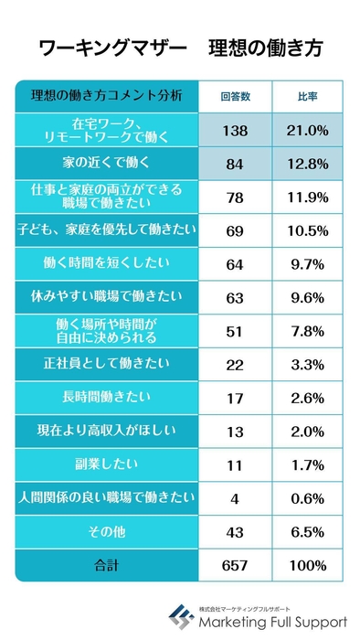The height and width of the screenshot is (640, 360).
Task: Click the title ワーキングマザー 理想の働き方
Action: pos(180,47)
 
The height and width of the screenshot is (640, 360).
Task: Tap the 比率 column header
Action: pos(307,96)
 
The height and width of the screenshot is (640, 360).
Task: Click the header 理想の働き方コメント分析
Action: pos(106,96)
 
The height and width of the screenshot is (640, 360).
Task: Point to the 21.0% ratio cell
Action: pos(307,131)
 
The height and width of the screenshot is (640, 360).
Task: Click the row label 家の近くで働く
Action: pos(106,165)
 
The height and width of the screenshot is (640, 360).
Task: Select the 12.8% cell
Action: pos(307,165)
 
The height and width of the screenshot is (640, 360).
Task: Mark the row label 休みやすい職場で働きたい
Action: pos(106,296)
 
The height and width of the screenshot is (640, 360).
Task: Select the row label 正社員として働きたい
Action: pos(106,364)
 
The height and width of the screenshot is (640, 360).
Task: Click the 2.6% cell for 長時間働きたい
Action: pos(307,398)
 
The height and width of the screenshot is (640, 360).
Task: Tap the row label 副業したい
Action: pos(106,464)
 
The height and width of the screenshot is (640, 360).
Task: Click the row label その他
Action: pos(106,530)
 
